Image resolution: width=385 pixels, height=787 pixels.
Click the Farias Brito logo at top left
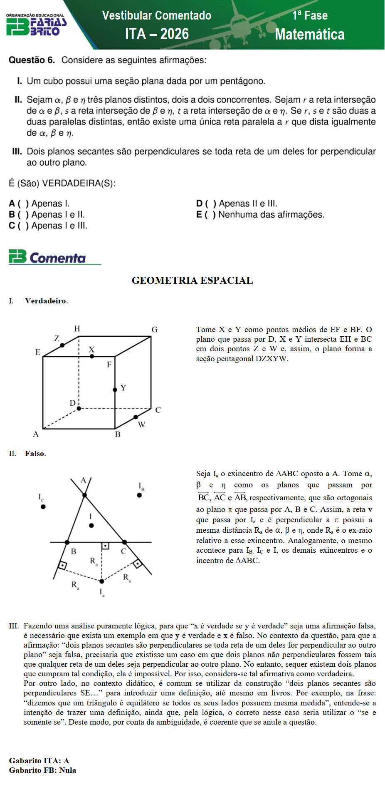(x=36, y=25)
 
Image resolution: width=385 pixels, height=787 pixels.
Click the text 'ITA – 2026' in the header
(x=157, y=34)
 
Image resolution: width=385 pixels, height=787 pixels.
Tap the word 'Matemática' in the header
(x=309, y=34)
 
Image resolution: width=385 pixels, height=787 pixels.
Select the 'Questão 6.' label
(x=32, y=60)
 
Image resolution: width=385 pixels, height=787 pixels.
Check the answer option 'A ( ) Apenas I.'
(x=39, y=204)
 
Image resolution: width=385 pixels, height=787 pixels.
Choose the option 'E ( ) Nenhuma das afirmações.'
(x=260, y=215)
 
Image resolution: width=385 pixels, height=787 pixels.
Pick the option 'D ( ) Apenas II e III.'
(x=237, y=204)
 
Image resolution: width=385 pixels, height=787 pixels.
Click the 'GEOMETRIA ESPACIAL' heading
(x=192, y=281)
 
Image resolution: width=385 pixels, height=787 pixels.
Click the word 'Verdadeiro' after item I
(x=46, y=301)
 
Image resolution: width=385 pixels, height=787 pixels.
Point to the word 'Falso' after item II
(x=35, y=454)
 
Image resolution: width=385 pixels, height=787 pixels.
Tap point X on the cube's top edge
(x=92, y=356)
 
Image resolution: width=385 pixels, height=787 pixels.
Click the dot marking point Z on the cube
(x=62, y=345)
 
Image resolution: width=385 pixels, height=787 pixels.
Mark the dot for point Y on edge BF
(x=115, y=390)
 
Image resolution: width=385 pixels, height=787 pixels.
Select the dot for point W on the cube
(x=136, y=417)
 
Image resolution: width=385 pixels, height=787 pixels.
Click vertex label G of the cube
(x=154, y=330)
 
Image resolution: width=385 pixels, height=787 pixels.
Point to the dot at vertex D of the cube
(x=79, y=408)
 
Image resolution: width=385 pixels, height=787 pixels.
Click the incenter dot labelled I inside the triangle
(x=91, y=526)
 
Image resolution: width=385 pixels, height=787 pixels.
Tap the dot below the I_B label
(x=139, y=495)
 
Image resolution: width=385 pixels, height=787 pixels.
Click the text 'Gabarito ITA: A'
(x=39, y=760)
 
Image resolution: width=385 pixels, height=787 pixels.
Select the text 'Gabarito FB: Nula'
(x=42, y=770)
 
